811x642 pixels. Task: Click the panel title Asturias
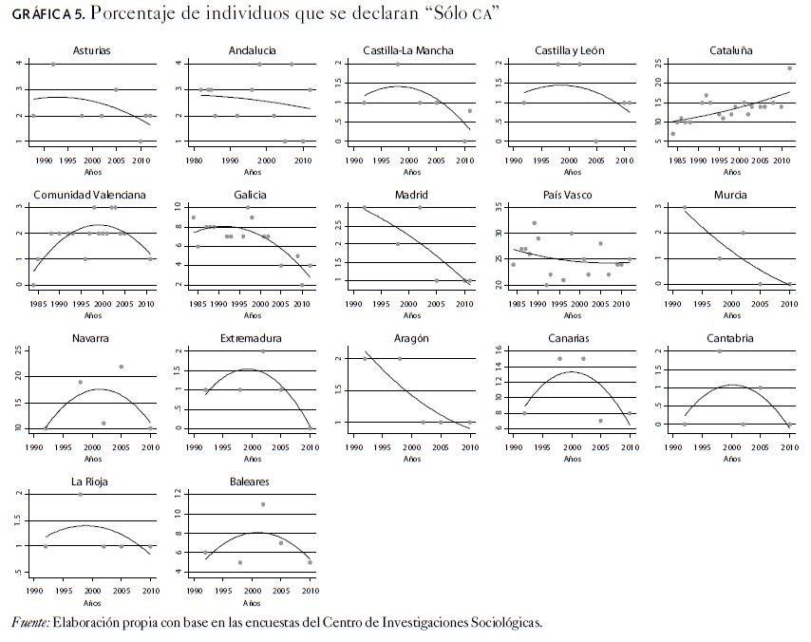(x=88, y=49)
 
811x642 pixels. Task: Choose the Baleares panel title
(x=249, y=481)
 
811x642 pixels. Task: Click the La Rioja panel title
(x=88, y=481)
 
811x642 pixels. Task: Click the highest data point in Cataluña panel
(x=789, y=68)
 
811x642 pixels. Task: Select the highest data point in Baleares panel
(x=263, y=504)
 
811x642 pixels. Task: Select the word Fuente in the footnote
(x=28, y=623)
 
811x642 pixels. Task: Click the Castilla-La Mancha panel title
(x=408, y=49)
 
